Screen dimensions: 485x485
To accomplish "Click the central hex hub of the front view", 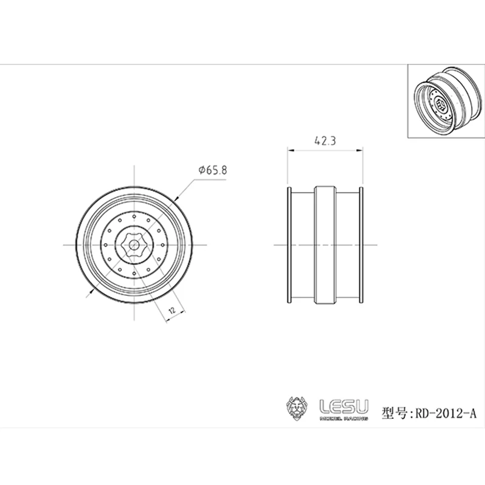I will [133, 244].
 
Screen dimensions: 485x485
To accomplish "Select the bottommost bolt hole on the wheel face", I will [133, 273].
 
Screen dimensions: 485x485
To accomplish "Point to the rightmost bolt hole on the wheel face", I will [162, 244].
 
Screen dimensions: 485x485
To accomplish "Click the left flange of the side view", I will [289, 244].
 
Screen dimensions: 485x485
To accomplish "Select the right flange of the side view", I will [361, 244].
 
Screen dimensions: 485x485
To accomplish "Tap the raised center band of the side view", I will [325, 244].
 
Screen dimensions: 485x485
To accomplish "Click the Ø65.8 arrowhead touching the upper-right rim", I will [176, 198].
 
